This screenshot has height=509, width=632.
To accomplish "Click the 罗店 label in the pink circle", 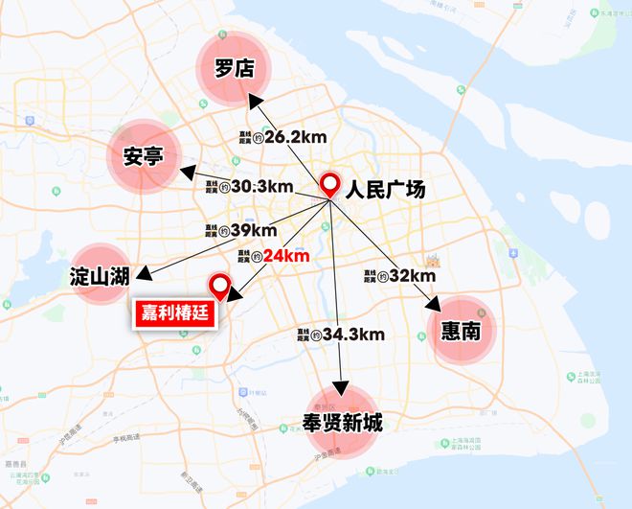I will click(x=234, y=67).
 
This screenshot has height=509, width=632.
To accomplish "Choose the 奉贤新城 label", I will click(x=341, y=422).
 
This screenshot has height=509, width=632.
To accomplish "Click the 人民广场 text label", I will click(x=386, y=187).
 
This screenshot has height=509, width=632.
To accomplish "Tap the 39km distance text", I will click(x=253, y=231).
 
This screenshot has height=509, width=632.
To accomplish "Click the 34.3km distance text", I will click(x=352, y=335).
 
